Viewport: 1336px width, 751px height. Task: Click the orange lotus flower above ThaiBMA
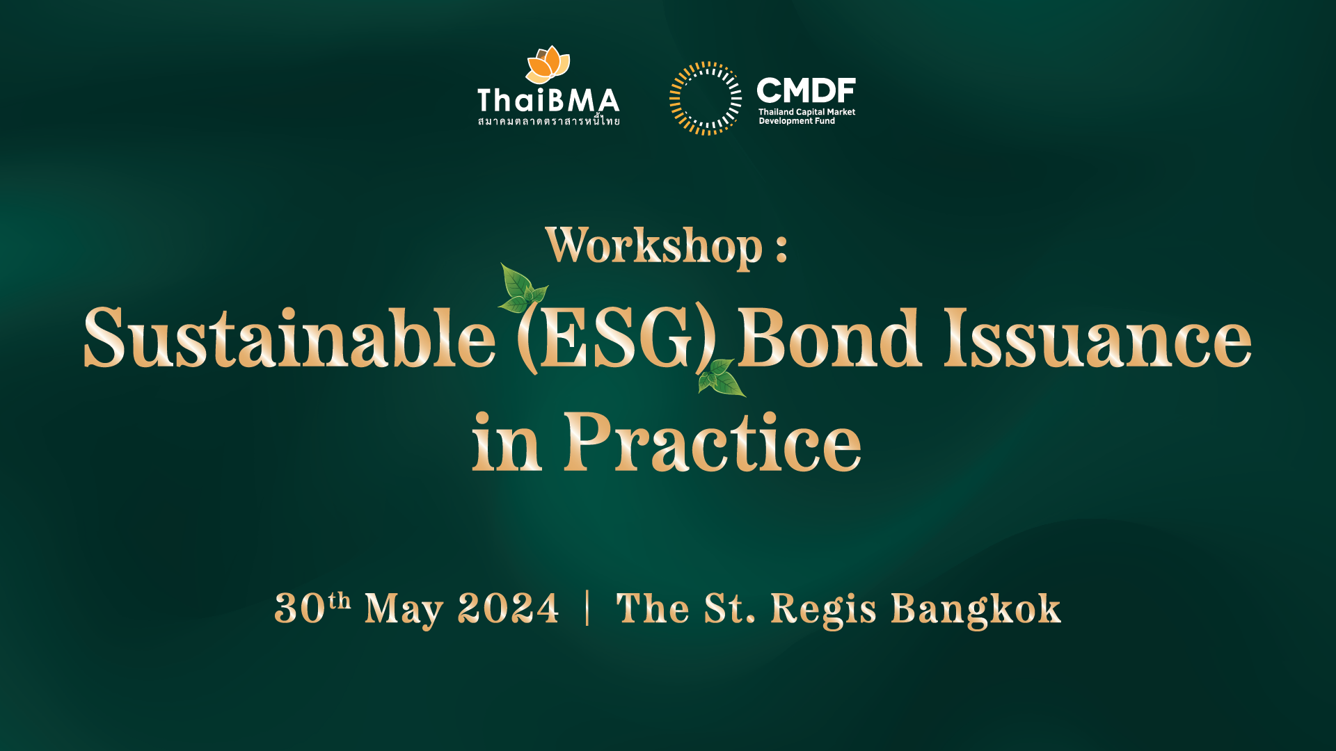(548, 65)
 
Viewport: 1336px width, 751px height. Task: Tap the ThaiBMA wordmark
(548, 101)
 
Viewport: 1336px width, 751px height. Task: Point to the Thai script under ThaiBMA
(548, 121)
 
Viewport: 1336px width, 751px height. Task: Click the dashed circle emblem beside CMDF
(706, 98)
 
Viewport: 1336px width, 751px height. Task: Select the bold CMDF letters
(806, 90)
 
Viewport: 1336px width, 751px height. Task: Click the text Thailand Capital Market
(806, 112)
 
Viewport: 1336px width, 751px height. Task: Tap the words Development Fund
(797, 121)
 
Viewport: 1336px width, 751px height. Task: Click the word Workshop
(654, 247)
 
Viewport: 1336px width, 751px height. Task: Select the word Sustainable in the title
(289, 337)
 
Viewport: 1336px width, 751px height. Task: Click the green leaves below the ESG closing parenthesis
(722, 378)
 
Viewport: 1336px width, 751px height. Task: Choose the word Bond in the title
(829, 337)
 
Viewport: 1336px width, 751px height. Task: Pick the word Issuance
(1097, 337)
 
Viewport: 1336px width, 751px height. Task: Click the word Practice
(712, 442)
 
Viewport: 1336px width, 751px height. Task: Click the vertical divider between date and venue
(588, 608)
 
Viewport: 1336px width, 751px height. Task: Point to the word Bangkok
(976, 609)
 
